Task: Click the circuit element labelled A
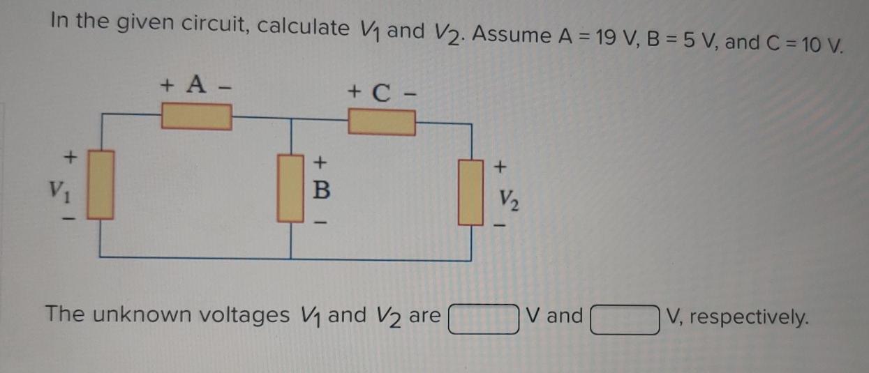point(196,116)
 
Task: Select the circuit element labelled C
point(382,123)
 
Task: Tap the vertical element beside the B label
point(290,188)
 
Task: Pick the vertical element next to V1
point(101,185)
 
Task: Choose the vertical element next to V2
point(471,191)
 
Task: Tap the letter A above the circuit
point(197,86)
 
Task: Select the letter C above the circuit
point(381,91)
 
